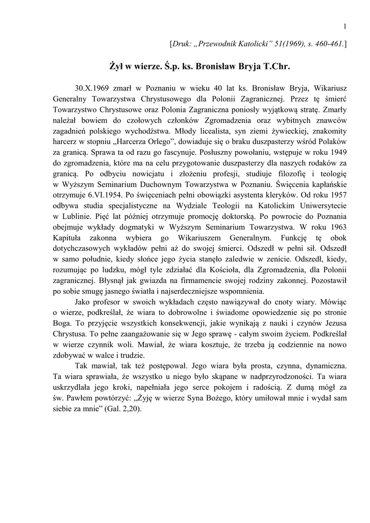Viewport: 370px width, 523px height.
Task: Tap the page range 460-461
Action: click(329, 45)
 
